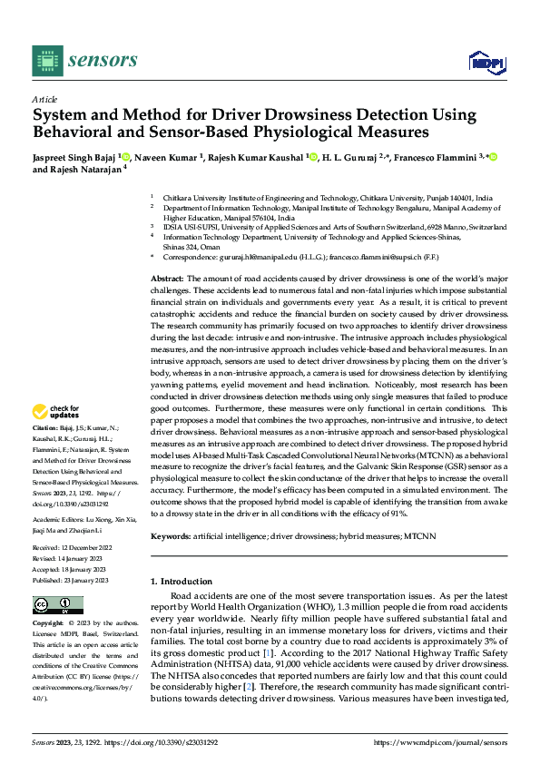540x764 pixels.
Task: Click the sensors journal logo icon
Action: click(48, 61)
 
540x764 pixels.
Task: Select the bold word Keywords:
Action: click(170, 537)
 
